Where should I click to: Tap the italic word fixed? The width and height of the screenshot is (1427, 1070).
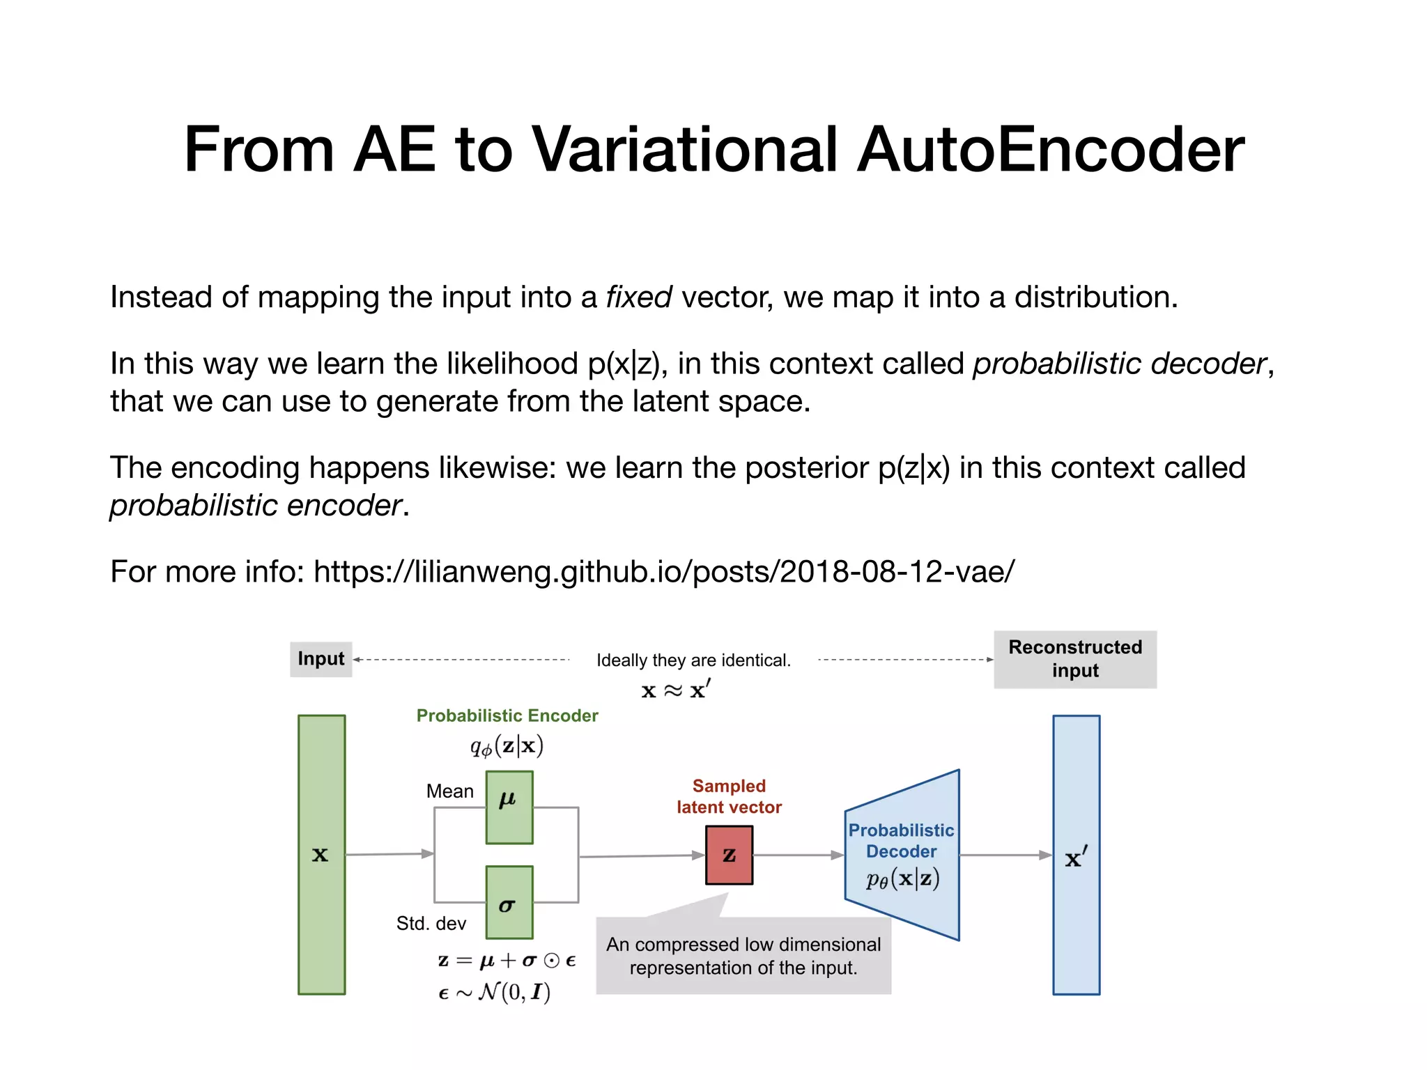(x=638, y=297)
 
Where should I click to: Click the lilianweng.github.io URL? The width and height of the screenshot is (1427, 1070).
(x=664, y=572)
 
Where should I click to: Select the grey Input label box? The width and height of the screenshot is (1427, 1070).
(x=321, y=659)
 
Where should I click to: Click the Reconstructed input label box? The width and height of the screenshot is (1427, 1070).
(x=1074, y=659)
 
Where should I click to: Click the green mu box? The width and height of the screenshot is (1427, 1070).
(x=509, y=807)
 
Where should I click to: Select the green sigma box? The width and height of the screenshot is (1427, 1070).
(x=509, y=902)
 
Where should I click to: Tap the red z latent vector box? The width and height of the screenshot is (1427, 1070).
(x=729, y=855)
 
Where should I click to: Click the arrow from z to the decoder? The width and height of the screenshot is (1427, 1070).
(x=799, y=855)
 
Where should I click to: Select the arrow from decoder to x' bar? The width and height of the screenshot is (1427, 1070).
(x=1005, y=855)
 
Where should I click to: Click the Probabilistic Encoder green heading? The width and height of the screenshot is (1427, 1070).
(x=507, y=716)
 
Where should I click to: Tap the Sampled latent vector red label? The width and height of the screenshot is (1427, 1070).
(x=729, y=797)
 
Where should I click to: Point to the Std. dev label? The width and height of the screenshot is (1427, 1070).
(x=431, y=924)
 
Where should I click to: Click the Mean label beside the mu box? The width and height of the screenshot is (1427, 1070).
(x=449, y=791)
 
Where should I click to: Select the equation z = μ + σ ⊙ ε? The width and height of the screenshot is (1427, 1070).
(x=507, y=961)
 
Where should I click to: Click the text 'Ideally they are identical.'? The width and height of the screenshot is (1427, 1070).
(x=693, y=660)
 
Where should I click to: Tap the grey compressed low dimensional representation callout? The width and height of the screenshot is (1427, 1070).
(x=743, y=956)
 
